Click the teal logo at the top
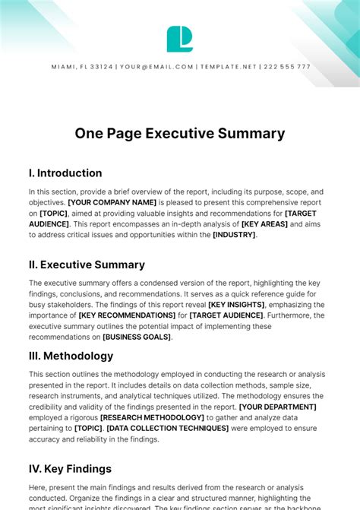tap(180, 39)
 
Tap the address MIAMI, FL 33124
tap(82, 67)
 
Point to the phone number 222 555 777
tap(286, 67)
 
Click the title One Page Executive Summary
tap(180, 134)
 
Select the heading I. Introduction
tap(65, 173)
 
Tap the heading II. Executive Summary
tap(87, 265)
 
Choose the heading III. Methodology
tap(71, 356)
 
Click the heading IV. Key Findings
tap(70, 469)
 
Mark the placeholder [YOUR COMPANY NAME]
tap(112, 203)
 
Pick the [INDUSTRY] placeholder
tap(235, 235)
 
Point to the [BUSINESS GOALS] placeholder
tap(137, 336)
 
